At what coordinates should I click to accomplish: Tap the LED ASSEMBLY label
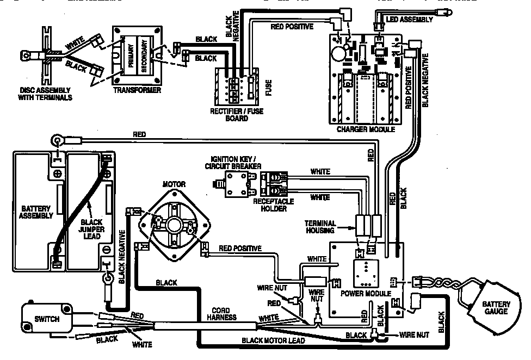pos(410,20)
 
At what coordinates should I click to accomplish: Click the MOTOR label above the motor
pos(174,184)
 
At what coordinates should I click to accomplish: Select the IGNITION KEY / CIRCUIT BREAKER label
pos(234,162)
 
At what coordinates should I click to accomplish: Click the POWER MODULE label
pos(366,293)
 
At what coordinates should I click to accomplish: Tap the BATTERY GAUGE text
pos(496,308)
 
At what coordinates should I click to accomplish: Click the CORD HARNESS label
pos(225,314)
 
